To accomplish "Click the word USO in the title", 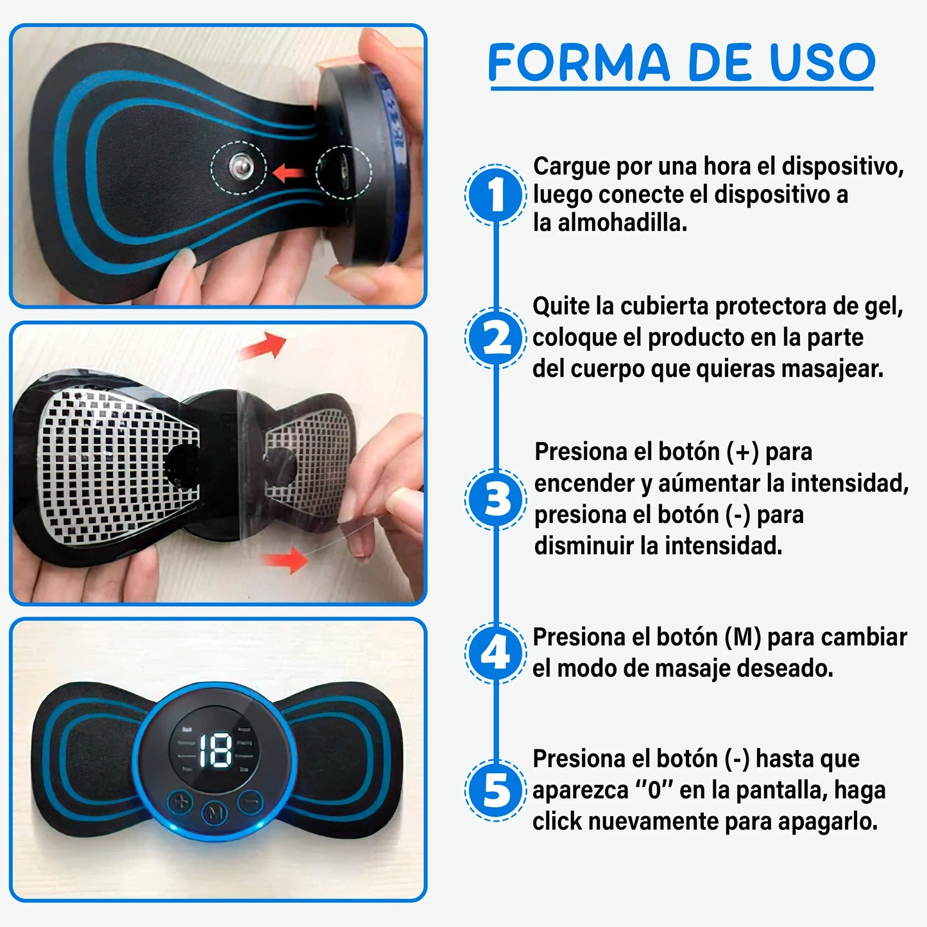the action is point(822,62).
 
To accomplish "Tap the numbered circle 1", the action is point(495,194).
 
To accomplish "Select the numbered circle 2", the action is point(495,338).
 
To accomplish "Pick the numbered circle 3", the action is point(495,499).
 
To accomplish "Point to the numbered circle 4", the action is point(495,653).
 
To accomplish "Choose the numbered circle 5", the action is point(495,790).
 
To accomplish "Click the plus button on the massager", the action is point(181,801).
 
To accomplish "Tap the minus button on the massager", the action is point(251,801).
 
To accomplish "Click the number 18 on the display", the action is point(216,751).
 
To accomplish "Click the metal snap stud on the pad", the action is point(241,166).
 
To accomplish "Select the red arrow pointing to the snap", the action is point(289,172).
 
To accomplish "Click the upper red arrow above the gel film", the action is point(264,345).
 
